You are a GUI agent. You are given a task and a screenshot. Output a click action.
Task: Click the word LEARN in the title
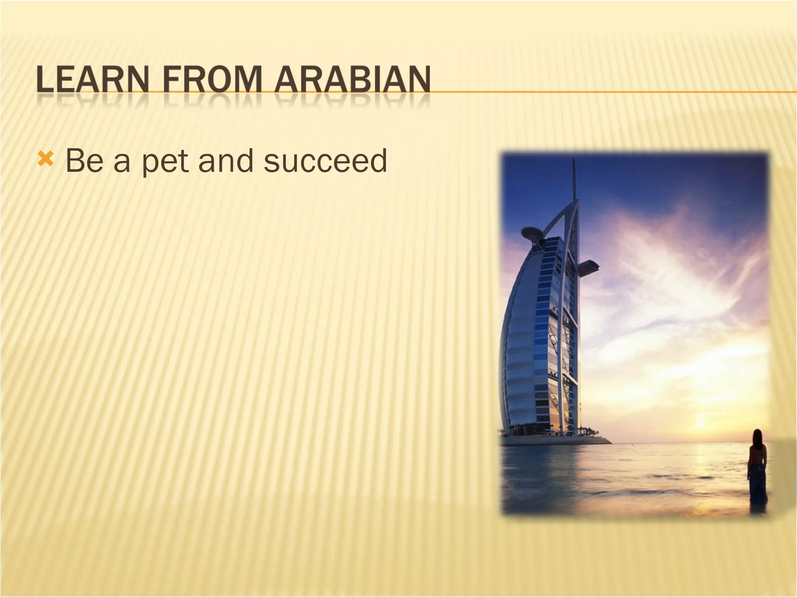coord(93,80)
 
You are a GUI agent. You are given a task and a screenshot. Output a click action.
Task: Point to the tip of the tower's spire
coord(574,160)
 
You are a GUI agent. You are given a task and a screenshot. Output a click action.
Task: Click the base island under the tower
coord(556,441)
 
